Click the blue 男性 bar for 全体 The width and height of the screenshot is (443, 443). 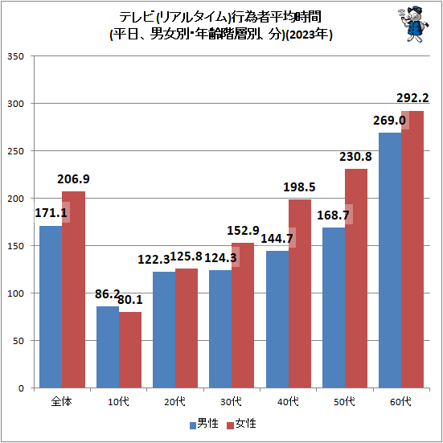point(51,306)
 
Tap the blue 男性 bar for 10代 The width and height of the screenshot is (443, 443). point(108,347)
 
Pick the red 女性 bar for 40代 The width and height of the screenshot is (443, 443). point(299,293)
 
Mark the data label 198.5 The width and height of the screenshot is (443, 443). point(298,187)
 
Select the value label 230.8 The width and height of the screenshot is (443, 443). point(355,157)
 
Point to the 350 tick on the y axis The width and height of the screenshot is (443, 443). point(16,56)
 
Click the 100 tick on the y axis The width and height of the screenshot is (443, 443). point(16,293)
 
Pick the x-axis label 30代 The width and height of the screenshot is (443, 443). point(231,400)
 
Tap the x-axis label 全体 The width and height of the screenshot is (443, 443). point(62,400)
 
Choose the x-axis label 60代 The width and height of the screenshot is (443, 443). point(400,400)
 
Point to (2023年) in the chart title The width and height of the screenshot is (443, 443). point(309,35)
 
